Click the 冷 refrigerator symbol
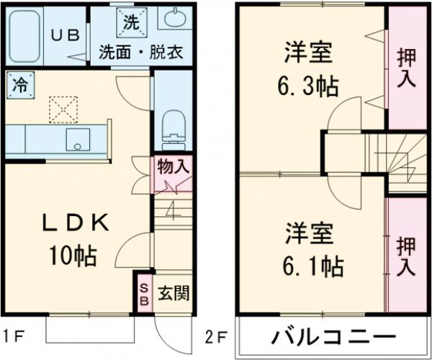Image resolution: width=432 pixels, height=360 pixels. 19,84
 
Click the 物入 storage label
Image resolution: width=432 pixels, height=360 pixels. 173,167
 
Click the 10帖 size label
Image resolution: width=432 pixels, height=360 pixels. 72,255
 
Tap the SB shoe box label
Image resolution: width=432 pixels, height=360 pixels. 143,293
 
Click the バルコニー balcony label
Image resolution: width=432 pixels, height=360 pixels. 333,336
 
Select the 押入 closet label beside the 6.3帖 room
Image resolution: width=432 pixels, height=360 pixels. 407,67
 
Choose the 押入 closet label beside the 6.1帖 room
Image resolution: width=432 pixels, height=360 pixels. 407,256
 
